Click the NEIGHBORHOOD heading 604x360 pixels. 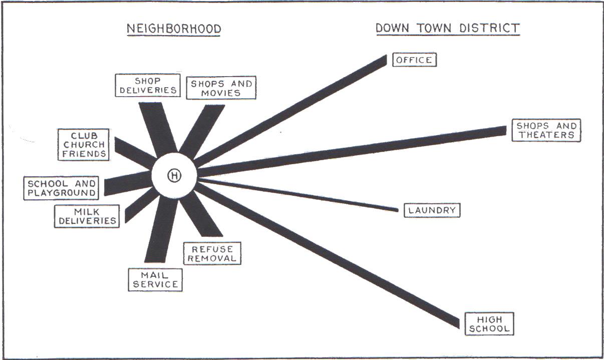pyautogui.click(x=174, y=29)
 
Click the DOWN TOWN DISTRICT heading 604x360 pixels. pyautogui.click(x=447, y=28)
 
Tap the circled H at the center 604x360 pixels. pyautogui.click(x=174, y=176)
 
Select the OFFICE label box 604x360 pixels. pyautogui.click(x=414, y=60)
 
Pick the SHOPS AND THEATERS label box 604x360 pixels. pyautogui.click(x=546, y=130)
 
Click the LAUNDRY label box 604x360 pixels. pyautogui.click(x=432, y=210)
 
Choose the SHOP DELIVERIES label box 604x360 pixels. pyautogui.click(x=147, y=85)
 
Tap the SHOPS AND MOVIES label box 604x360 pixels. pyautogui.click(x=221, y=89)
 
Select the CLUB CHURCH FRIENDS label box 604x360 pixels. pyautogui.click(x=84, y=145)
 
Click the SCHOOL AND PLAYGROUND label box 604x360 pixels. pyautogui.click(x=62, y=188)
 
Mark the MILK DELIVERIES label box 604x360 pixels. pyautogui.click(x=87, y=216)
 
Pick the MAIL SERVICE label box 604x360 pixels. pyautogui.click(x=155, y=279)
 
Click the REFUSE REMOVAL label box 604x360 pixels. pyautogui.click(x=212, y=253)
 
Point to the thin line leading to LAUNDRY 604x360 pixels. pyautogui.click(x=300, y=194)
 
